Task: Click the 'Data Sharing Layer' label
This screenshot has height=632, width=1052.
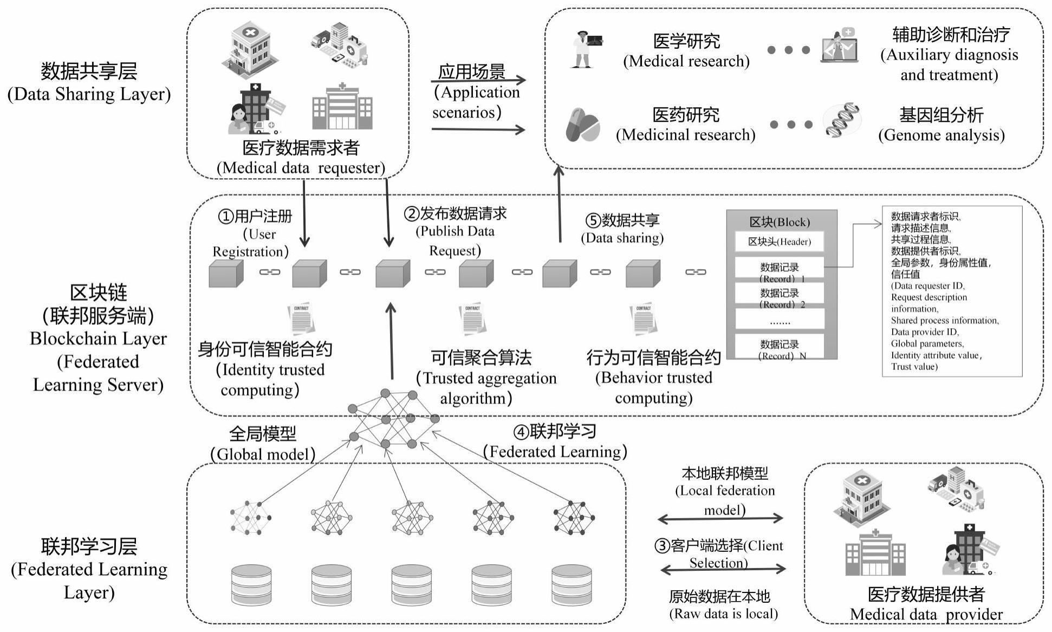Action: [x=89, y=83]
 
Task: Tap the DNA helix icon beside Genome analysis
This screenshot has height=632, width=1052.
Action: [x=841, y=120]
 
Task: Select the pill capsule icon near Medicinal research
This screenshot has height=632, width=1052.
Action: [x=582, y=126]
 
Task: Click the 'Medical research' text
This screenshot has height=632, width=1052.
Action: [x=686, y=51]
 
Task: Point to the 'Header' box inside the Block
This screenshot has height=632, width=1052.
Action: [x=779, y=242]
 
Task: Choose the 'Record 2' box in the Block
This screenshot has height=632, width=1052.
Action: [x=779, y=297]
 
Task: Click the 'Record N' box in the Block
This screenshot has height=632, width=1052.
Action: [x=779, y=349]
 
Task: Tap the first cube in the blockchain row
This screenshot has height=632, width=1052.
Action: [x=225, y=273]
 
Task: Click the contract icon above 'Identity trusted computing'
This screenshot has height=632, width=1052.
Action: [x=301, y=320]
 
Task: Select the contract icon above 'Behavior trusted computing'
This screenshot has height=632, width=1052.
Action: [x=643, y=320]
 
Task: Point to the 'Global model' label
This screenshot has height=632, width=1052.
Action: [x=263, y=444]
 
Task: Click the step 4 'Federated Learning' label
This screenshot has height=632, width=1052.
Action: [x=555, y=441]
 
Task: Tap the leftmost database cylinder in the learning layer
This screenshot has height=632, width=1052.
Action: [x=251, y=585]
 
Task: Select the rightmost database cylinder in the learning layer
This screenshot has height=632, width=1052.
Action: [x=572, y=585]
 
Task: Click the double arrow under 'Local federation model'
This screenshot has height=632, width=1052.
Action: [x=720, y=519]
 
